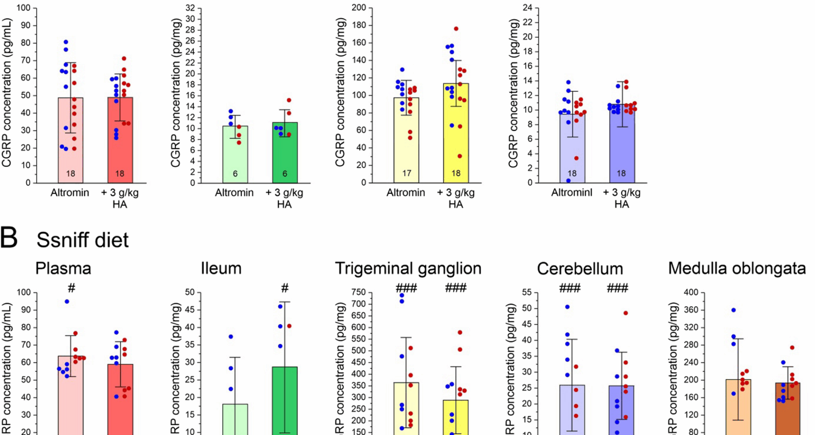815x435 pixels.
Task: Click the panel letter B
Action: (9, 237)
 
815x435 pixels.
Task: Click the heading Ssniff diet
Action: (82, 240)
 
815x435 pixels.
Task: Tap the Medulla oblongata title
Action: (737, 268)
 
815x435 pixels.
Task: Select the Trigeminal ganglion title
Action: (408, 268)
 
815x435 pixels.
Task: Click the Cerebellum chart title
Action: (580, 269)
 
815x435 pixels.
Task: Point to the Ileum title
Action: (221, 268)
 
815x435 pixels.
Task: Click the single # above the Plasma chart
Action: (71, 288)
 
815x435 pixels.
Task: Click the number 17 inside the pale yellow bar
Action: (407, 173)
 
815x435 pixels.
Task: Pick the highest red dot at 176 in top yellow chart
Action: (456, 29)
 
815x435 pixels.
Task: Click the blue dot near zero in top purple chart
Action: (568, 181)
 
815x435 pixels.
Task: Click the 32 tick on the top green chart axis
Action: (190, 8)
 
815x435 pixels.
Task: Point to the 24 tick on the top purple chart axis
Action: (528, 8)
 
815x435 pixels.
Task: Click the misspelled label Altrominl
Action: (571, 192)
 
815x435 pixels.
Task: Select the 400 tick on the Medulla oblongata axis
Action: (691, 292)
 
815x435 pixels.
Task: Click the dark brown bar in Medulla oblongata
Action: (788, 412)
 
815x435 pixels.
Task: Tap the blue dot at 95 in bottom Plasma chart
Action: (67, 302)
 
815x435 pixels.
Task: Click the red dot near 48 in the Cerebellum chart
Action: (625, 313)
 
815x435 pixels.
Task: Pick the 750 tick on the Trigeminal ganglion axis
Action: (359, 292)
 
